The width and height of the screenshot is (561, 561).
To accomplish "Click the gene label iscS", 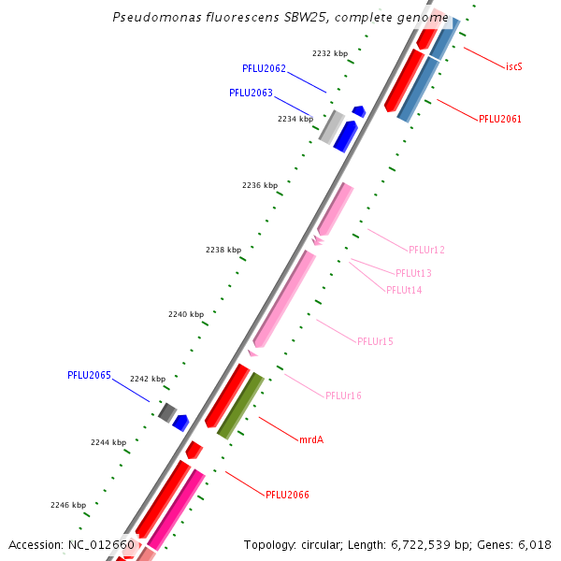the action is (513, 67).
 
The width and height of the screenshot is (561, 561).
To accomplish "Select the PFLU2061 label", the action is (499, 119).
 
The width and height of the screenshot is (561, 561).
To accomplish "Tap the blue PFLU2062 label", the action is (264, 68).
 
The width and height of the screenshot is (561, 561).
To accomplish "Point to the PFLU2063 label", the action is (251, 93).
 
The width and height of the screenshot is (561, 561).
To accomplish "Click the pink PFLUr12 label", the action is (426, 250).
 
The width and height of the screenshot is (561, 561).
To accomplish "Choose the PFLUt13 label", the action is (413, 273).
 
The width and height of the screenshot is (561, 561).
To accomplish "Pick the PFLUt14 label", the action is (404, 290).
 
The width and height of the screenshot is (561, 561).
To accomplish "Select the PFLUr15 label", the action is (375, 341).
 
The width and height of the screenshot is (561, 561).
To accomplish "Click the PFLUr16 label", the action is (343, 396).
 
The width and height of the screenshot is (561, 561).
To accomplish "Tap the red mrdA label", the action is (311, 439).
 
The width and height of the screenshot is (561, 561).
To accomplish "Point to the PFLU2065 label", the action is (89, 375).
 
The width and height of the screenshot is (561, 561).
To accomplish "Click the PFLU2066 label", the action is (287, 495).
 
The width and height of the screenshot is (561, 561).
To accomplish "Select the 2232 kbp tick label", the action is (329, 53).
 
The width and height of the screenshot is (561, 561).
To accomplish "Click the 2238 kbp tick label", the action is (223, 250).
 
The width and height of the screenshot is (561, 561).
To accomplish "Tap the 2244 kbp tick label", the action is (108, 441).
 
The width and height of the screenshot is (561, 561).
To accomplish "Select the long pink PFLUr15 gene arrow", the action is (285, 299).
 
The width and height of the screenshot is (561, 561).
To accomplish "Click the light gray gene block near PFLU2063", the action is (331, 127).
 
